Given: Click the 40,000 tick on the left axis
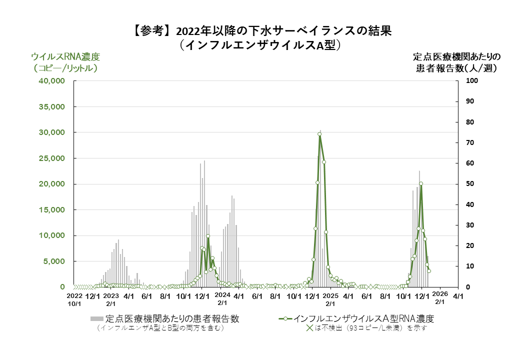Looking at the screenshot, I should tap(52, 81).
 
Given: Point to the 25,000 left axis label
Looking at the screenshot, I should tap(52, 158).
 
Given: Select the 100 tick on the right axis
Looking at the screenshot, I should tap(472, 81).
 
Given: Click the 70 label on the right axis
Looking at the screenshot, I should tap(470, 143).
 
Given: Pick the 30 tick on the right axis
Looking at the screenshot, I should tap(470, 225).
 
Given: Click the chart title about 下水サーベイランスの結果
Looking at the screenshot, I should tap(259, 30).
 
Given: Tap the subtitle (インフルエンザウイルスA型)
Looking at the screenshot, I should tap(259, 45).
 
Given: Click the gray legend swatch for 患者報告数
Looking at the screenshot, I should tap(96, 318).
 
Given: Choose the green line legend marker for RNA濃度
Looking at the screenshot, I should tap(284, 318).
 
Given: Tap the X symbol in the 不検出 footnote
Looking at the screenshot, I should tap(309, 328).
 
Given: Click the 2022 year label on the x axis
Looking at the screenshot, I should tap(74, 296).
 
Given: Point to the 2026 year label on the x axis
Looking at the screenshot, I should tap(439, 294).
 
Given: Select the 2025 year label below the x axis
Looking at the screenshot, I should tap(330, 296).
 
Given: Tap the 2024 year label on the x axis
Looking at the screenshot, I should tap(222, 295).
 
